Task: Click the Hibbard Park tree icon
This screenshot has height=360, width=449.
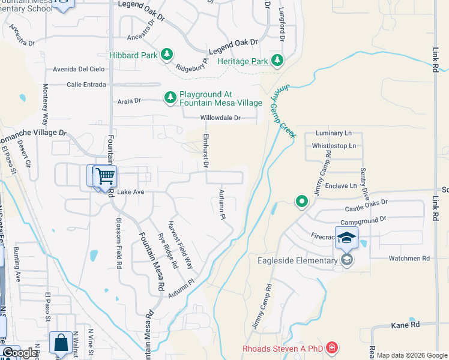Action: tap(167, 55)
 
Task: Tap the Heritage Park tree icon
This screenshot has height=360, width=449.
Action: tap(277, 61)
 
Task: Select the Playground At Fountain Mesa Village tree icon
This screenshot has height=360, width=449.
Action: tap(170, 97)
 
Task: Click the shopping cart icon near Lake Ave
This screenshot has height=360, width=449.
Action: tap(105, 176)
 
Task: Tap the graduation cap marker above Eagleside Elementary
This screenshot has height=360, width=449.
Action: tap(346, 238)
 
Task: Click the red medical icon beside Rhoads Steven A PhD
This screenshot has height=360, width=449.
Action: tap(332, 348)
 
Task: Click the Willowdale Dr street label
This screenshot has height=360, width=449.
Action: tap(220, 118)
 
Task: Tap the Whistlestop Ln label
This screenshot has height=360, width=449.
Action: tap(334, 146)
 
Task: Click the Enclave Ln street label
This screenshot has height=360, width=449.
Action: tap(340, 186)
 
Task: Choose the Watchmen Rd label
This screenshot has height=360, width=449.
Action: tap(409, 259)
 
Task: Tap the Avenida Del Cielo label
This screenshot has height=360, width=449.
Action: tap(79, 68)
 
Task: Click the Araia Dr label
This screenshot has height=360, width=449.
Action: tap(129, 101)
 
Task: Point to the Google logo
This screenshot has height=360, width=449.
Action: tap(20, 353)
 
